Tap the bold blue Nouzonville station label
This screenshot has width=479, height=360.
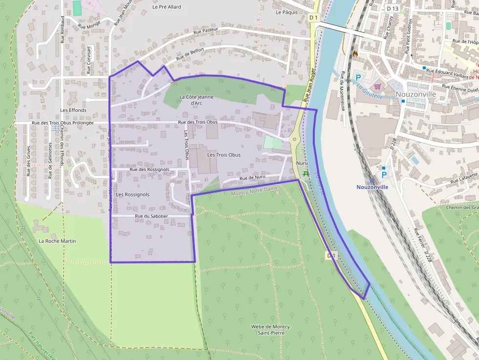372,187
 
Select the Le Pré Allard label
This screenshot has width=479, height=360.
167,7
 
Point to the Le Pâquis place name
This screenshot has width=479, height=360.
286,12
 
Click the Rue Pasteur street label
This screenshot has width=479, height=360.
205,31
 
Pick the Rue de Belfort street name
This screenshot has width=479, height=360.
190,54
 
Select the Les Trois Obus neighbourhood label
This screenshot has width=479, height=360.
224,155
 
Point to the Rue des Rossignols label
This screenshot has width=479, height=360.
150,169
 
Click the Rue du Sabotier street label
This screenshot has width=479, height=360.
152,216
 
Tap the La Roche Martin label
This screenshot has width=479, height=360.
57,241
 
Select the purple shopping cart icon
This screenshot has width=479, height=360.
377,86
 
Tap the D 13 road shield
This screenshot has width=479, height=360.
392,8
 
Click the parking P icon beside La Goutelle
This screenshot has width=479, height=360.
358,77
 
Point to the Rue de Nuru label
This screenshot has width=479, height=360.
253,178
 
